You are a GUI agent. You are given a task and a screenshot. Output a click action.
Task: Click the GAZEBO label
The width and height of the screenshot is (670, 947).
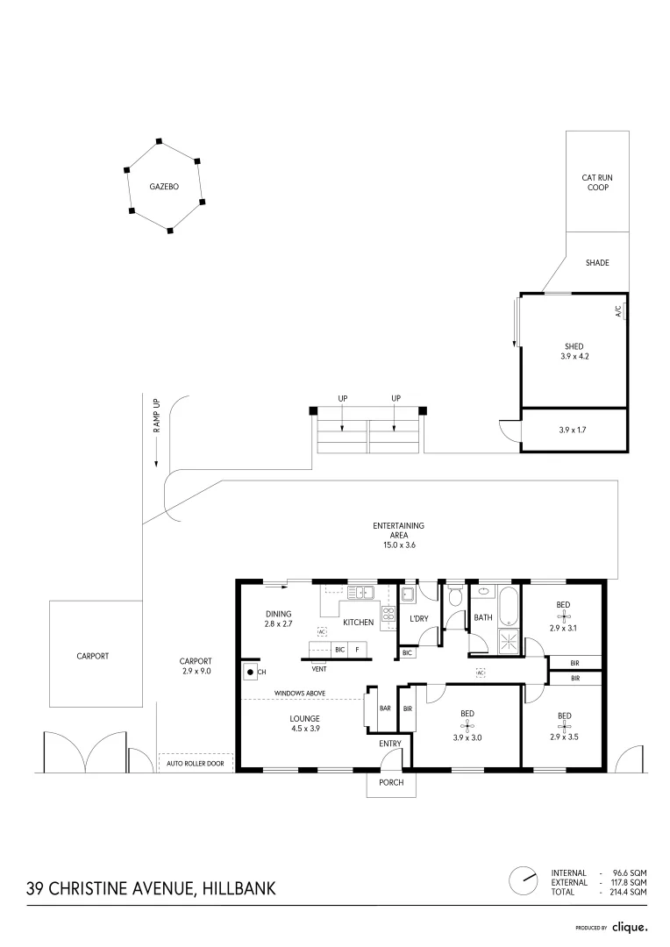[164, 187]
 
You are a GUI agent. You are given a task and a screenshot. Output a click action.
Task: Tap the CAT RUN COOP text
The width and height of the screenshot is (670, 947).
[597, 182]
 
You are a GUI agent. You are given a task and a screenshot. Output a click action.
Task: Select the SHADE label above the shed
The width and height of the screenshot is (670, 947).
[597, 263]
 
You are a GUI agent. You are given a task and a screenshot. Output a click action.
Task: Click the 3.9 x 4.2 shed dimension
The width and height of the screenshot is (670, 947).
[574, 356]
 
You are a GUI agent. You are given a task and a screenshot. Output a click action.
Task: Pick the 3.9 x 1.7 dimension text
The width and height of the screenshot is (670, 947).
[572, 430]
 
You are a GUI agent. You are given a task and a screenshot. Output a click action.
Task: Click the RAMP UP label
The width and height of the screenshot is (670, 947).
[156, 415]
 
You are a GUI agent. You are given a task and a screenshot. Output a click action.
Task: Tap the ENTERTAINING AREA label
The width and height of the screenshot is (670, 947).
[398, 535]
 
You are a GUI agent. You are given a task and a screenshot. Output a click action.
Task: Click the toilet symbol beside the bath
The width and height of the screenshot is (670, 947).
[455, 595]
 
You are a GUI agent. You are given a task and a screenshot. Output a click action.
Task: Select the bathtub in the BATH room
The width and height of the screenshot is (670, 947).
[508, 606]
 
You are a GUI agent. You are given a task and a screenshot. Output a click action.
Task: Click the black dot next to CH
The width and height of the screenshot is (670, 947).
[250, 672]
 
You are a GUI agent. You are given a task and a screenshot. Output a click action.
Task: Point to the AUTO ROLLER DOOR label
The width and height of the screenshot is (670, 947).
[196, 764]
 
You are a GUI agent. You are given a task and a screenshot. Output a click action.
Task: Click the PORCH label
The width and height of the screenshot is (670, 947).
[391, 782]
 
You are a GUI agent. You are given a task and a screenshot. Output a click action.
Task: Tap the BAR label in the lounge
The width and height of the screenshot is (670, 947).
[385, 708]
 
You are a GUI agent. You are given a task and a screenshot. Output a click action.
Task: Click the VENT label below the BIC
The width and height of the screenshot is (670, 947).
[319, 669]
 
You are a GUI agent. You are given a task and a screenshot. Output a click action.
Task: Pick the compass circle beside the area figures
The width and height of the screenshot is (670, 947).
[524, 881]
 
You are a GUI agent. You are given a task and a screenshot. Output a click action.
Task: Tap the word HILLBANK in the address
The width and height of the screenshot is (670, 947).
[239, 888]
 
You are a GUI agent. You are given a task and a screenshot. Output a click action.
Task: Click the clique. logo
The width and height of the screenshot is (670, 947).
[630, 927]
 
